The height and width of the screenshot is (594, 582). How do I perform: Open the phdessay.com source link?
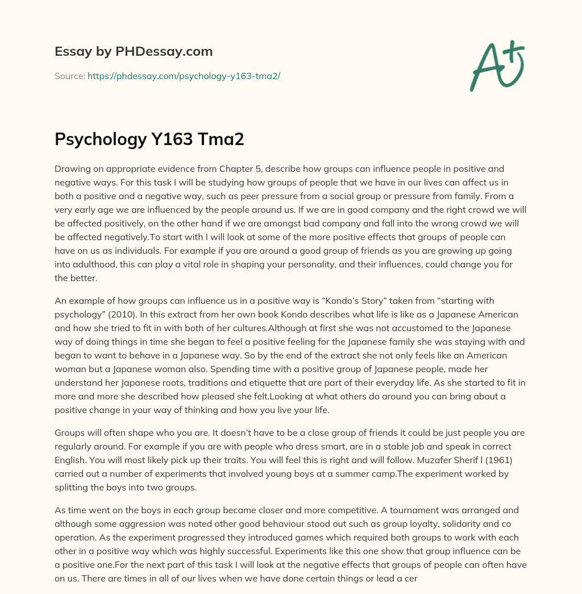184,76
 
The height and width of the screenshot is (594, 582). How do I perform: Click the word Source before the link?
69,76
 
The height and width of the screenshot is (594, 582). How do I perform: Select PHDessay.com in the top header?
164,52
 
